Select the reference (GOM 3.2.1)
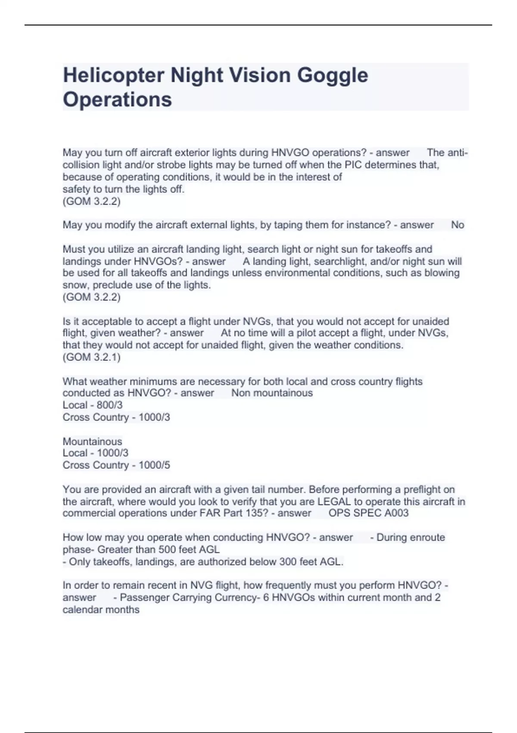[x=91, y=357]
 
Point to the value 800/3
[x=109, y=405]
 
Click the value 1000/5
[x=154, y=465]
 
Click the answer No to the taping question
[x=458, y=225]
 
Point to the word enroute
[x=426, y=538]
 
